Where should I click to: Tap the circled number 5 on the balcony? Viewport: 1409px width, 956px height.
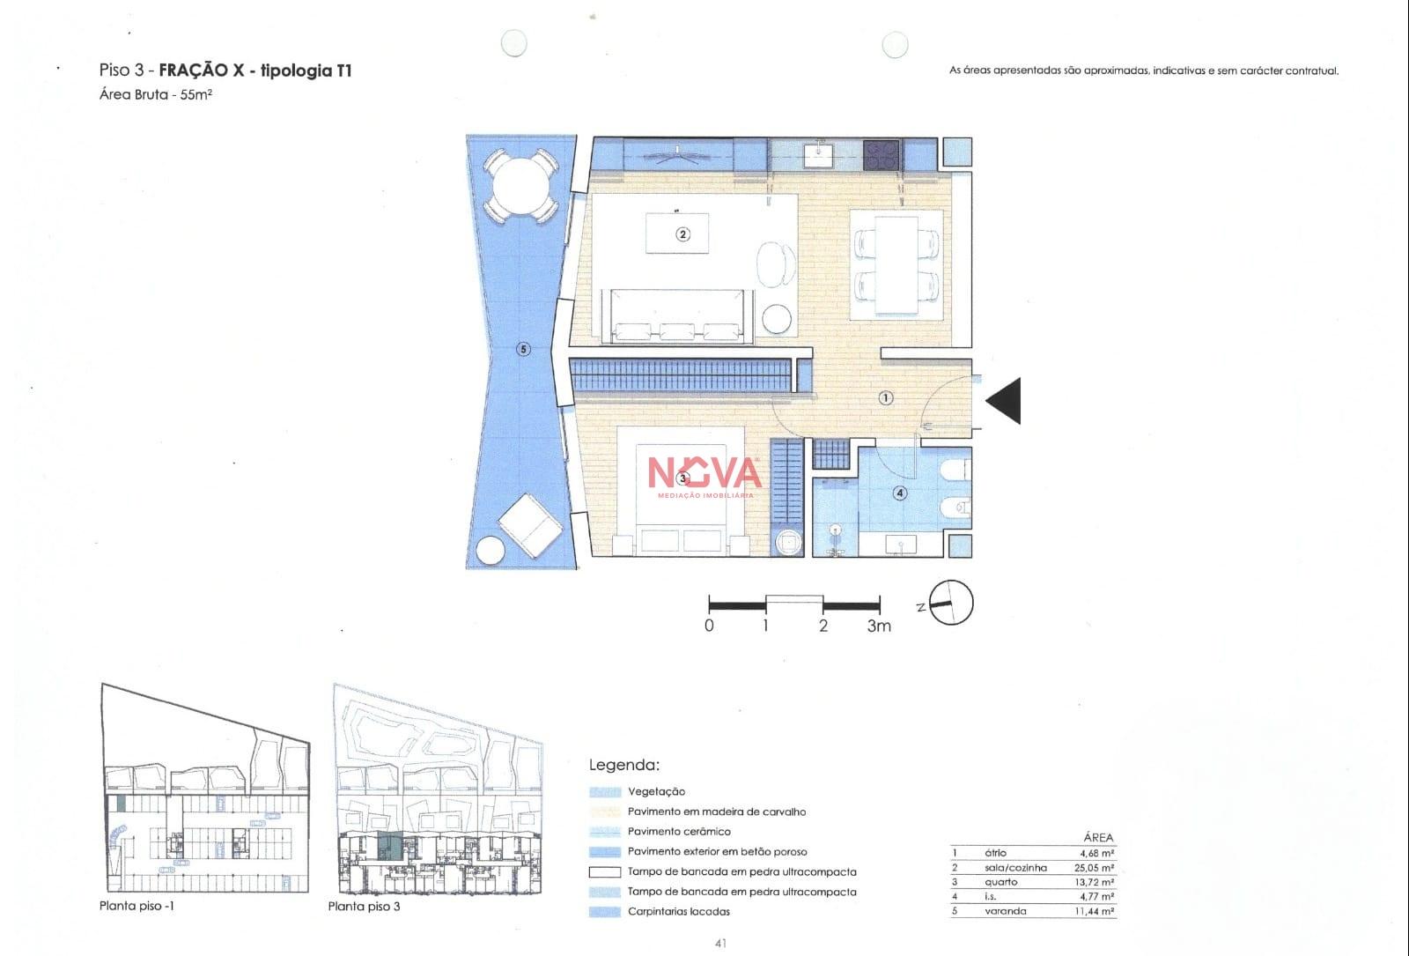523,349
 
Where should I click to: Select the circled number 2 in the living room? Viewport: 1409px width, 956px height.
683,234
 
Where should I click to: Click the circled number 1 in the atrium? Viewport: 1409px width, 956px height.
886,397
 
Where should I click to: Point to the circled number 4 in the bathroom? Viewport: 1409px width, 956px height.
900,493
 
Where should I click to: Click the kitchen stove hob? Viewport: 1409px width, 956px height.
882,155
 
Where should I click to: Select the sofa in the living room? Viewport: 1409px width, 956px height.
677,316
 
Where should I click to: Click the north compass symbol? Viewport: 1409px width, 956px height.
950,603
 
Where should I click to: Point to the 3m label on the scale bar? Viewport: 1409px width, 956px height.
879,626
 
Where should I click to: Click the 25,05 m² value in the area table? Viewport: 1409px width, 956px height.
1095,867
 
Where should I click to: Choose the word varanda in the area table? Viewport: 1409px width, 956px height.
1005,911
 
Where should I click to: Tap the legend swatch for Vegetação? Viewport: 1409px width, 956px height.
604,792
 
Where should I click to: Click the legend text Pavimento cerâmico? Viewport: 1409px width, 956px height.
679,832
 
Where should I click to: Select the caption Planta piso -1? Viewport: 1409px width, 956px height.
136,906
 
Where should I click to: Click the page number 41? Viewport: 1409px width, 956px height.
721,943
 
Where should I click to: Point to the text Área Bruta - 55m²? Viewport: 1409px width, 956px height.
155,94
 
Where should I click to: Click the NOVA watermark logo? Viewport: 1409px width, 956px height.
704,476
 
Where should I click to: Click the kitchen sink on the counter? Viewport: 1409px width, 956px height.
818,155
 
